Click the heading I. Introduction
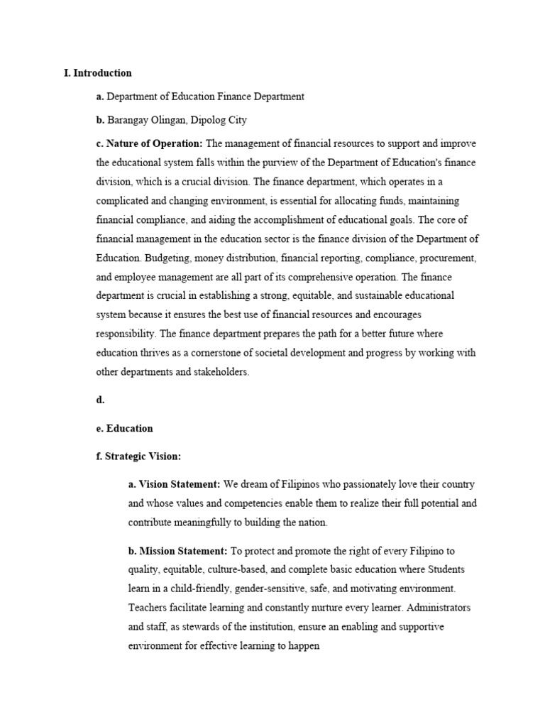pos(97,72)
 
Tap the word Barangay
pos(128,119)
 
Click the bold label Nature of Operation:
pos(154,143)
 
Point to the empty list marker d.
pos(100,400)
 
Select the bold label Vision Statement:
pos(179,484)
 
